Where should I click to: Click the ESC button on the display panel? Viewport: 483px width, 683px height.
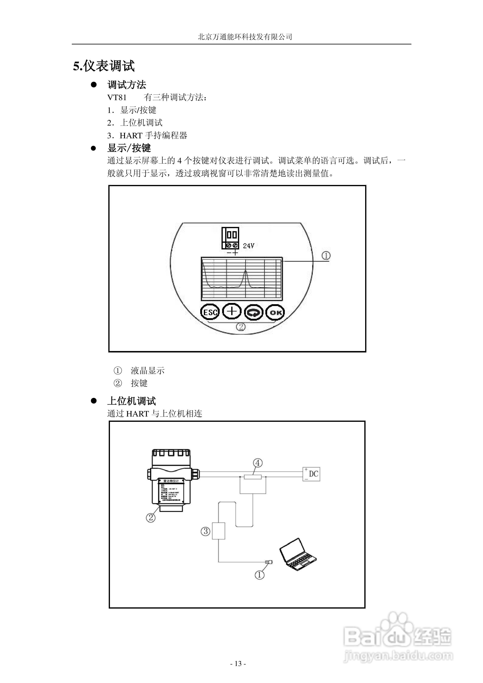coord(210,312)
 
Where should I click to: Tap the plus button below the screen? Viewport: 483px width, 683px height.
coord(232,311)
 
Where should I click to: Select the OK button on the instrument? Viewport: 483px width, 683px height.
coord(275,312)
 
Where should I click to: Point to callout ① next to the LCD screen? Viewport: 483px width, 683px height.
coord(326,256)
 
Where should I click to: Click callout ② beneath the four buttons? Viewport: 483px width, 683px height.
coord(241,327)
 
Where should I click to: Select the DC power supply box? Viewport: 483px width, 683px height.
coord(311,474)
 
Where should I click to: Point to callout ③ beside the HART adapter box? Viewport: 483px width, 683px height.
coord(205,531)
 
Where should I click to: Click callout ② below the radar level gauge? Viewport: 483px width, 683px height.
coord(151,518)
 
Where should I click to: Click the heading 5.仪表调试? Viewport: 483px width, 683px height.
coord(104,66)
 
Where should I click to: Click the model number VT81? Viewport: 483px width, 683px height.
coord(117,97)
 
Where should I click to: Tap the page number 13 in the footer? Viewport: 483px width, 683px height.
coord(238,664)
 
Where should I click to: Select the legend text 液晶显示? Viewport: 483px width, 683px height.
coord(148,371)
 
